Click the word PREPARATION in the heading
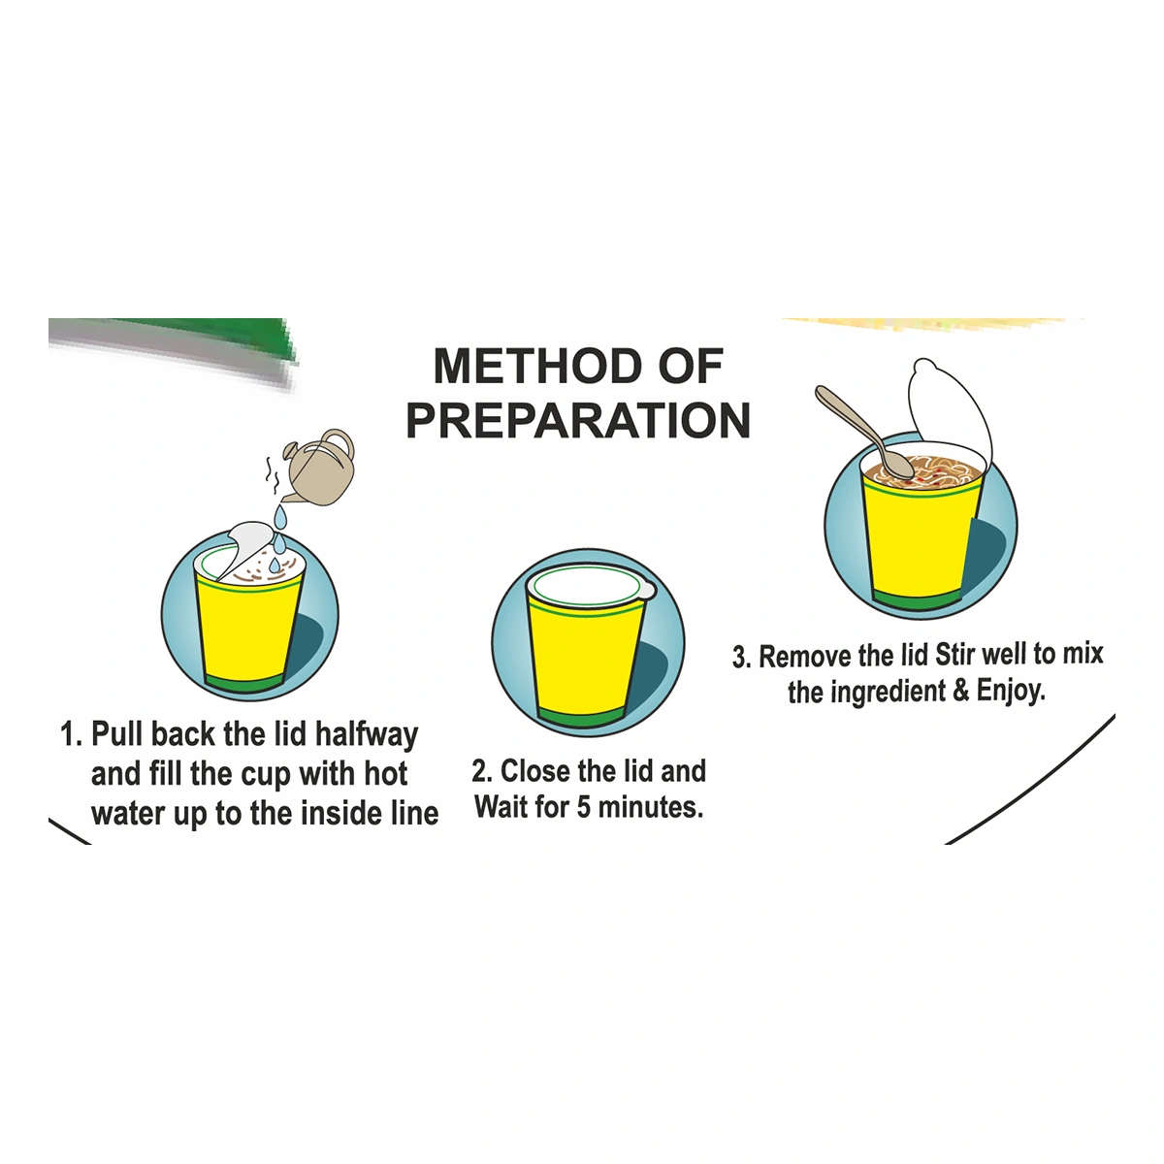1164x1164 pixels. pos(578,420)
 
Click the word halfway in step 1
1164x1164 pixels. pos(367,735)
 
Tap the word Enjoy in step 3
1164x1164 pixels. pos(1011,691)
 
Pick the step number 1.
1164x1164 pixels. pos(71,735)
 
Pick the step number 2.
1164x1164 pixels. pos(481,771)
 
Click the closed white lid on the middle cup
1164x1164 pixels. pos(590,587)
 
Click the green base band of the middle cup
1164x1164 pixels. pos(580,717)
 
